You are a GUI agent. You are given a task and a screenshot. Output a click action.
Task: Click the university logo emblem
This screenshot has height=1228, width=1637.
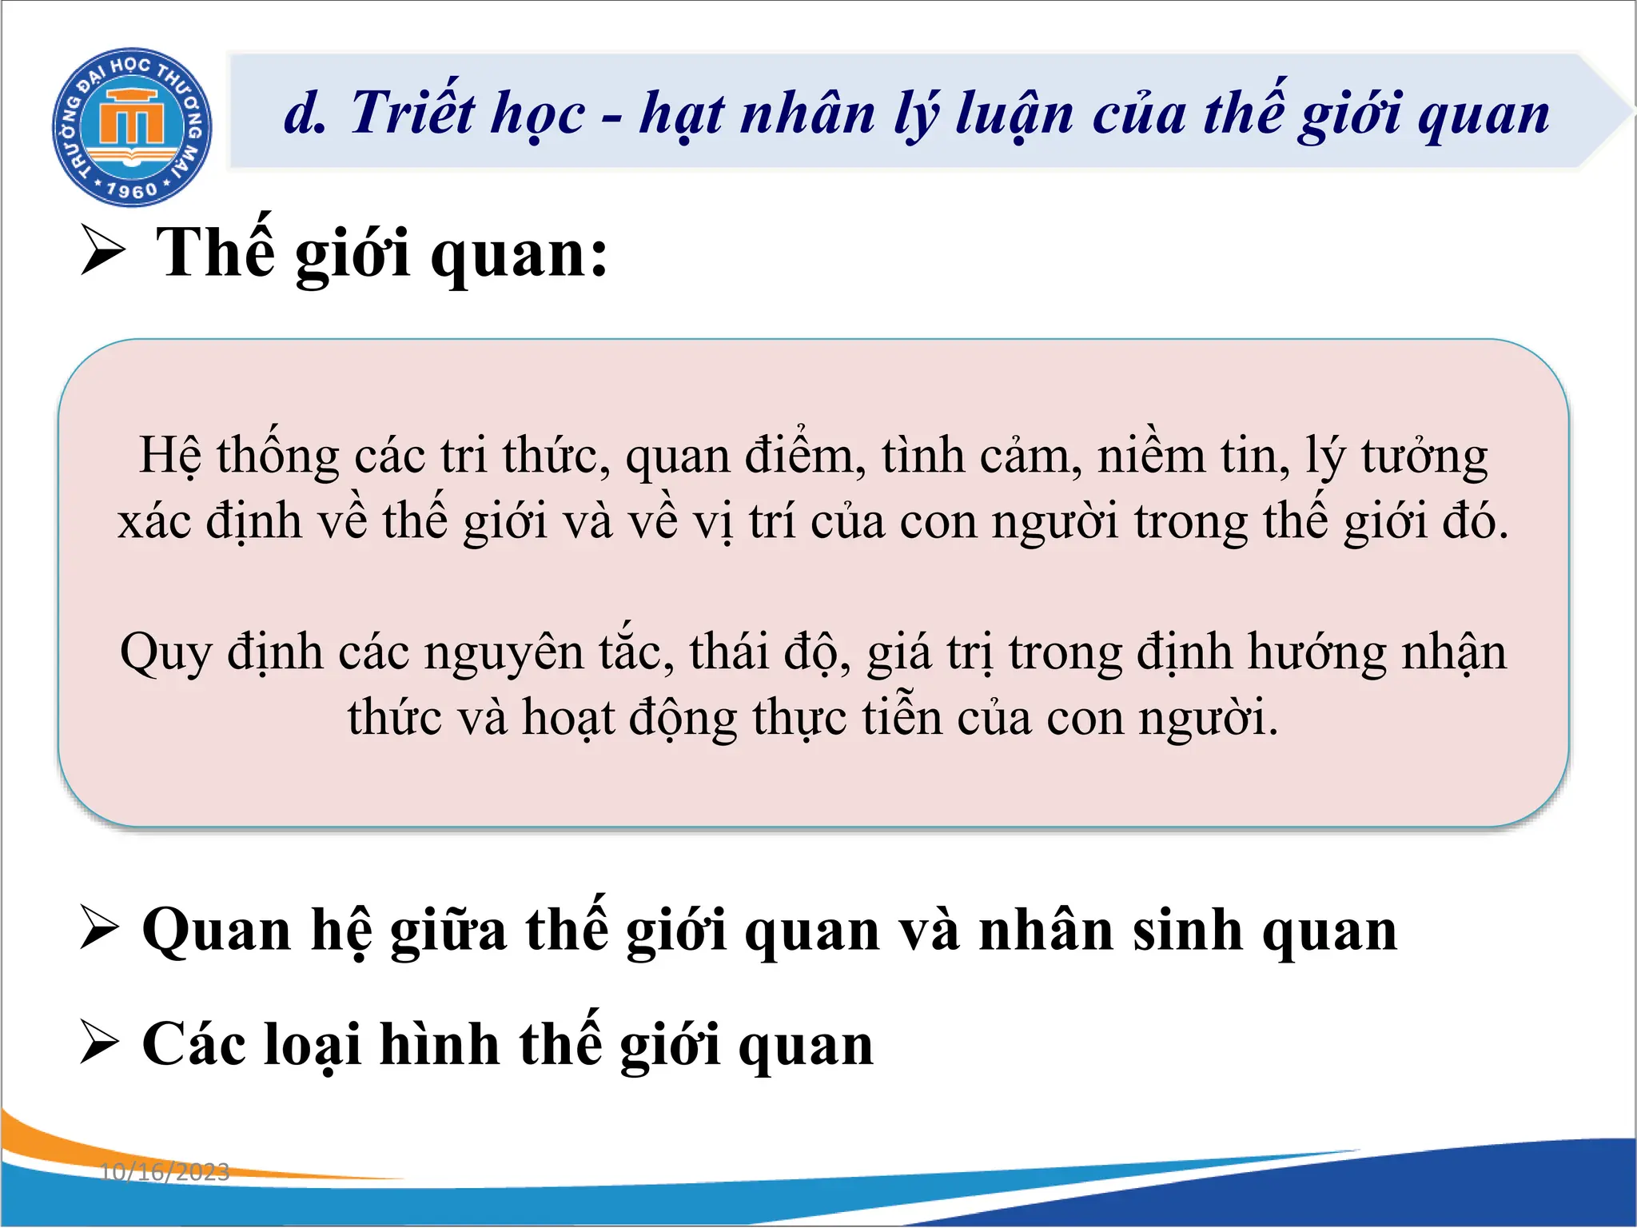(x=132, y=126)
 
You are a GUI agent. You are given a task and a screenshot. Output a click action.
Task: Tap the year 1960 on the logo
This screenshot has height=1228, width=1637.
(x=132, y=190)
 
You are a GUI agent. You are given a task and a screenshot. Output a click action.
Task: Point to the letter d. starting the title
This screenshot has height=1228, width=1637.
(x=305, y=114)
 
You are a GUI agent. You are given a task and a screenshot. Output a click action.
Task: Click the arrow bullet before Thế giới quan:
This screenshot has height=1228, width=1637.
(x=103, y=251)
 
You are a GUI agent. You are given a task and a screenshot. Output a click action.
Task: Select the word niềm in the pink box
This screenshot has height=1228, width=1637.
(x=1152, y=456)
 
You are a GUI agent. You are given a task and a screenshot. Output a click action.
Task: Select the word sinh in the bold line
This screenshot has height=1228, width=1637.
(x=1189, y=931)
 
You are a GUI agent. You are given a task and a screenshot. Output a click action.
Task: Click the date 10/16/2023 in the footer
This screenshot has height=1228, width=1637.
(x=165, y=1172)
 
